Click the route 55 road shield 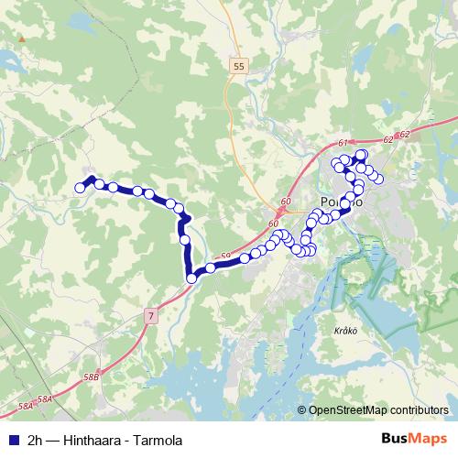pyautogui.click(x=239, y=67)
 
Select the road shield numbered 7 pyautogui.click(x=149, y=315)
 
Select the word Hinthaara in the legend pyautogui.click(x=93, y=440)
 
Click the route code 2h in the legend pyautogui.click(x=36, y=440)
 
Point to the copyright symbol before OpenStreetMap pyautogui.click(x=302, y=410)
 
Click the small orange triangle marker pyautogui.click(x=21, y=40)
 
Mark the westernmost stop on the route pyautogui.click(x=80, y=188)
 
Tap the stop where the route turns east pyautogui.click(x=191, y=278)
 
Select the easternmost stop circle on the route pyautogui.click(x=378, y=178)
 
